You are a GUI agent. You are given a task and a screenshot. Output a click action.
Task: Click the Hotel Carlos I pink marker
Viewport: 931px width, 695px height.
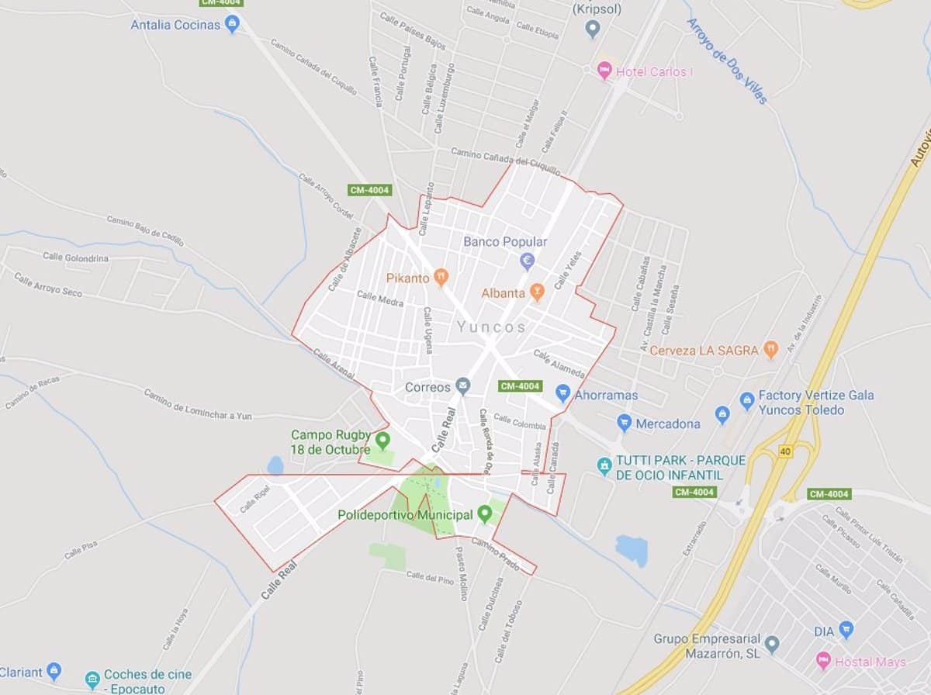tap(604, 71)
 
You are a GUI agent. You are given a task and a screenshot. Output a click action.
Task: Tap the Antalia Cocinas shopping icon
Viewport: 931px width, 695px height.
tap(232, 25)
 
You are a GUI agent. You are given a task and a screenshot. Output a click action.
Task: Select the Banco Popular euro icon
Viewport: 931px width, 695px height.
tap(528, 261)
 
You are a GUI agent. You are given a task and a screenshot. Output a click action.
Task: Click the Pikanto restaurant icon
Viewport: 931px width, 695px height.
tap(441, 277)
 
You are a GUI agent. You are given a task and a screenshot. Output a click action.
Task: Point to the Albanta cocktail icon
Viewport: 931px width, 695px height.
tap(536, 292)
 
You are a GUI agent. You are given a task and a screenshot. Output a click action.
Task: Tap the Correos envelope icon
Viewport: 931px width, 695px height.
tap(463, 386)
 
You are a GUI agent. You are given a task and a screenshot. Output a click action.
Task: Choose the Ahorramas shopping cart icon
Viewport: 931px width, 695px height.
tap(563, 394)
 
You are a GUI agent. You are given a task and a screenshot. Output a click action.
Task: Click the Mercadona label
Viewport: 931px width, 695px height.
tap(667, 424)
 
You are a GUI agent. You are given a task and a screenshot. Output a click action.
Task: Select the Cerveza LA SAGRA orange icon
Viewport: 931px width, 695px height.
tap(770, 350)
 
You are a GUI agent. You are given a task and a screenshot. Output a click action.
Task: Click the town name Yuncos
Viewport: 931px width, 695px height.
tap(491, 327)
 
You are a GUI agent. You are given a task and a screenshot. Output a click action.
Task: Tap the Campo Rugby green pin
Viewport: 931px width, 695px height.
tap(382, 441)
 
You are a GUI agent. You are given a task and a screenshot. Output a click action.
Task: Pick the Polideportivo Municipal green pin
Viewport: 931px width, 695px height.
tap(485, 513)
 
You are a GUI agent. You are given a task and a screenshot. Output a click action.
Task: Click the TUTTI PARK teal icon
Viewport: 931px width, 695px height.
tap(604, 466)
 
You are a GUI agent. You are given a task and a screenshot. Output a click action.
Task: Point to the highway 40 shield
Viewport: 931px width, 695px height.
tap(785, 451)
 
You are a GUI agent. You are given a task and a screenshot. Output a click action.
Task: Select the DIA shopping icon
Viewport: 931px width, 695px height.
tap(846, 631)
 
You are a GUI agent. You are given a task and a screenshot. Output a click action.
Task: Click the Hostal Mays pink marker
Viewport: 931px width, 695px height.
tap(823, 661)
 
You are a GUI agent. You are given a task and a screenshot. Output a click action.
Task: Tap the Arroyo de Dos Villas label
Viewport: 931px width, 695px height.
tap(726, 61)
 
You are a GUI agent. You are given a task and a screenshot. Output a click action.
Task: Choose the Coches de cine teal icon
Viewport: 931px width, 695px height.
tap(92, 679)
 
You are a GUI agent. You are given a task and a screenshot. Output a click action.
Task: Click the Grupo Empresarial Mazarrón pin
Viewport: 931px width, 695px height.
tap(771, 644)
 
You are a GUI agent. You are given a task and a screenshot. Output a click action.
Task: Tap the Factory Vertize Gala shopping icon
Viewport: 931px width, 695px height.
tap(747, 401)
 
